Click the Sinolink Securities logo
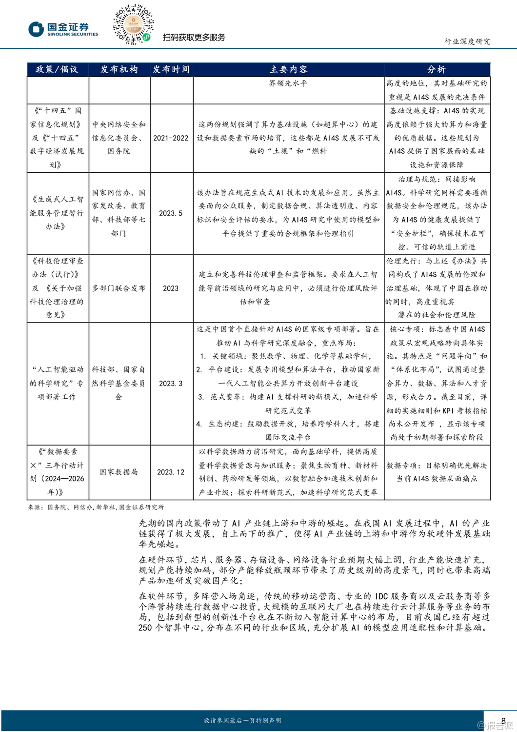(x=63, y=29)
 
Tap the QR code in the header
(x=133, y=24)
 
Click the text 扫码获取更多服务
(x=194, y=38)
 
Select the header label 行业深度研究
(x=467, y=41)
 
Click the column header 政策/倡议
(x=57, y=69)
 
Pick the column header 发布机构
(x=119, y=69)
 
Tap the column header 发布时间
(x=171, y=69)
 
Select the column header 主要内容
(x=288, y=69)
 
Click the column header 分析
(x=437, y=69)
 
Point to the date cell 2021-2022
(x=171, y=138)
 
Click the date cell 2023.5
(x=171, y=213)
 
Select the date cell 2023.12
(x=171, y=472)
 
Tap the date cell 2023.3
(x=171, y=384)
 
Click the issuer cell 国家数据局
(x=119, y=472)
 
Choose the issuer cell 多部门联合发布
(x=119, y=288)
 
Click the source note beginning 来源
(x=96, y=508)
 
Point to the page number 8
(x=503, y=721)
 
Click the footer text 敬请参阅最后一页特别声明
(x=242, y=721)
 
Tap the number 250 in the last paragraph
(x=145, y=628)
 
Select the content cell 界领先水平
(x=288, y=83)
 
